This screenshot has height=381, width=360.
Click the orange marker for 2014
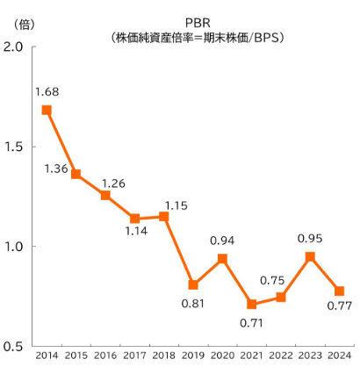(x=47, y=111)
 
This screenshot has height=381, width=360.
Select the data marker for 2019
(x=193, y=284)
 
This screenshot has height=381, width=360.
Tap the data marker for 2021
(x=252, y=305)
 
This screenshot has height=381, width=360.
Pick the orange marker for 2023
(x=310, y=256)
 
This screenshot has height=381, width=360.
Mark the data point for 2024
(x=339, y=291)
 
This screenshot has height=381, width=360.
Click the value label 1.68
(x=47, y=90)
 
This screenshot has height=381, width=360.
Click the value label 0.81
(x=193, y=306)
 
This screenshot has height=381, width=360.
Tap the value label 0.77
(x=339, y=306)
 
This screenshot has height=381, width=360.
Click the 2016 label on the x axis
(x=105, y=356)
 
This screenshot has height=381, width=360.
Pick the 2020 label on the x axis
(x=222, y=356)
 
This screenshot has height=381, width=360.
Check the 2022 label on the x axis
(x=281, y=356)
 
